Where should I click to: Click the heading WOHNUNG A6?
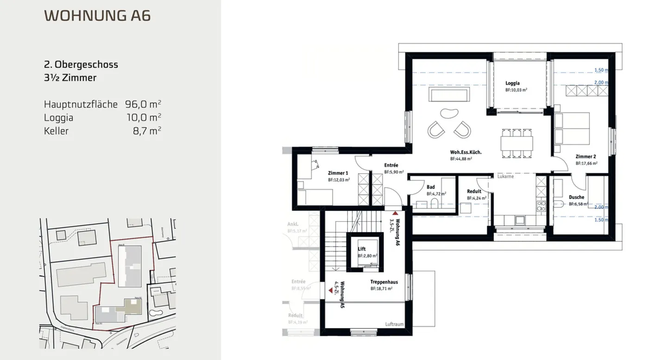[x=97, y=15]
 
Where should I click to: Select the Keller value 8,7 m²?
[x=147, y=131]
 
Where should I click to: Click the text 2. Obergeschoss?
[x=81, y=64]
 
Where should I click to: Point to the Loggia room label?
[x=512, y=84]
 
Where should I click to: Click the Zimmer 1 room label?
[x=338, y=173]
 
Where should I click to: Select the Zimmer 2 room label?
[x=585, y=157]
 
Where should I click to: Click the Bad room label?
[x=430, y=188]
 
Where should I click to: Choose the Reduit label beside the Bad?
[x=474, y=191]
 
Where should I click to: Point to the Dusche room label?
[x=576, y=197]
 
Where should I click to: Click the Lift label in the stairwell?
[x=362, y=249]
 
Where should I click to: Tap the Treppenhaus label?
[x=381, y=282]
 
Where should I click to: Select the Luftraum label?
[x=395, y=324]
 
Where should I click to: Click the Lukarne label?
[x=506, y=177]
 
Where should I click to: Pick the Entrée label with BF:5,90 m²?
[x=391, y=165]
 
